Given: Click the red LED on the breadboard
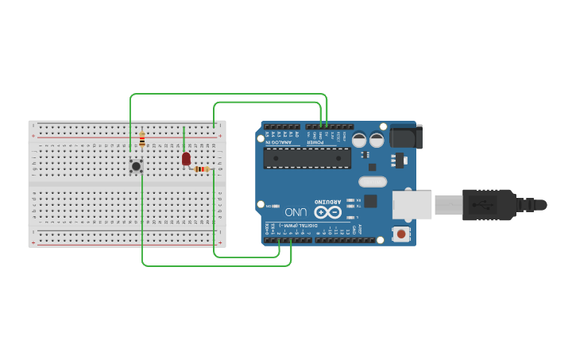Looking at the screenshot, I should pos(187,159).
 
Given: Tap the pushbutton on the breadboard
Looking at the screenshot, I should pos(136,166).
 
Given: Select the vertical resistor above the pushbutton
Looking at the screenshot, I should pos(142,141).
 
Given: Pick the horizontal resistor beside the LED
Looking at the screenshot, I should pos(202,168).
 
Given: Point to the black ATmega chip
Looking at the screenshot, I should pos(307,157).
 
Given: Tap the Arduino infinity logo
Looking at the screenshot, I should pos(326,212).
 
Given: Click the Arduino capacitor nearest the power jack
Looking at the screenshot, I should pos(377,140).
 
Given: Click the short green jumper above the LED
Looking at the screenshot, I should pos(184,138).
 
